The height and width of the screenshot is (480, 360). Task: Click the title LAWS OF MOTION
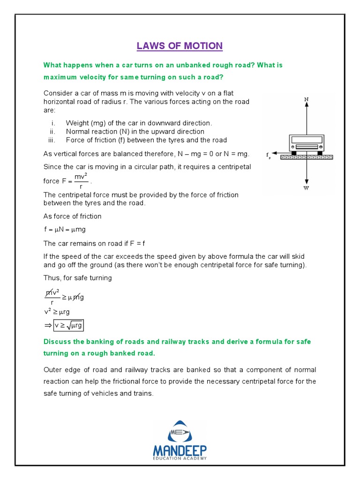(180, 46)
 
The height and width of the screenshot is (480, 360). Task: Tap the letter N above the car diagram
(306, 99)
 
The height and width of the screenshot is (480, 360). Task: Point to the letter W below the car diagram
(306, 188)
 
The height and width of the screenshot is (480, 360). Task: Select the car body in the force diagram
(307, 142)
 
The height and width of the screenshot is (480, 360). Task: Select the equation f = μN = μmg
(64, 230)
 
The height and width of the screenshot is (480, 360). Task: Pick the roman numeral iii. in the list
(52, 140)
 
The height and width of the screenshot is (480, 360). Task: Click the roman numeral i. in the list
(53, 123)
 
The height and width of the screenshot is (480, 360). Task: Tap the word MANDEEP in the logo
(180, 451)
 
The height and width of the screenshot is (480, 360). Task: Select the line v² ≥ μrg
(57, 312)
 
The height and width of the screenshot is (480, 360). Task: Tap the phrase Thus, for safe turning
(77, 278)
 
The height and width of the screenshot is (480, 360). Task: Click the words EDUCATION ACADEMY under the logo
(180, 459)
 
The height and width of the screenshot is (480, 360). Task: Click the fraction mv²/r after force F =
(81, 181)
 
